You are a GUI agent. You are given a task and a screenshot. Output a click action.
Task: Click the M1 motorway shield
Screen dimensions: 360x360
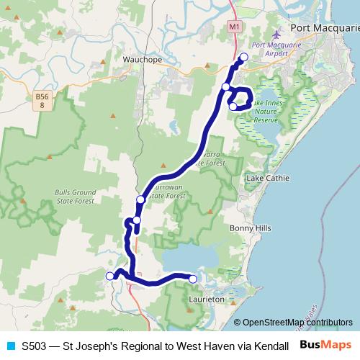point(235,27)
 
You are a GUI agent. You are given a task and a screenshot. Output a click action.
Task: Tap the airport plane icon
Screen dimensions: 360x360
point(279,35)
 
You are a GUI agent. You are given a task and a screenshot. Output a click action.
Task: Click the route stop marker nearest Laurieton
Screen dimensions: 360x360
point(193,279)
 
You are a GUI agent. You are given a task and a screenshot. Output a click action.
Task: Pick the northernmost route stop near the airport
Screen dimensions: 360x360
point(243,57)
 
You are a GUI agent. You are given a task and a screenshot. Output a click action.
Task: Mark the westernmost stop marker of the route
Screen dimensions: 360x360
point(110,276)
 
